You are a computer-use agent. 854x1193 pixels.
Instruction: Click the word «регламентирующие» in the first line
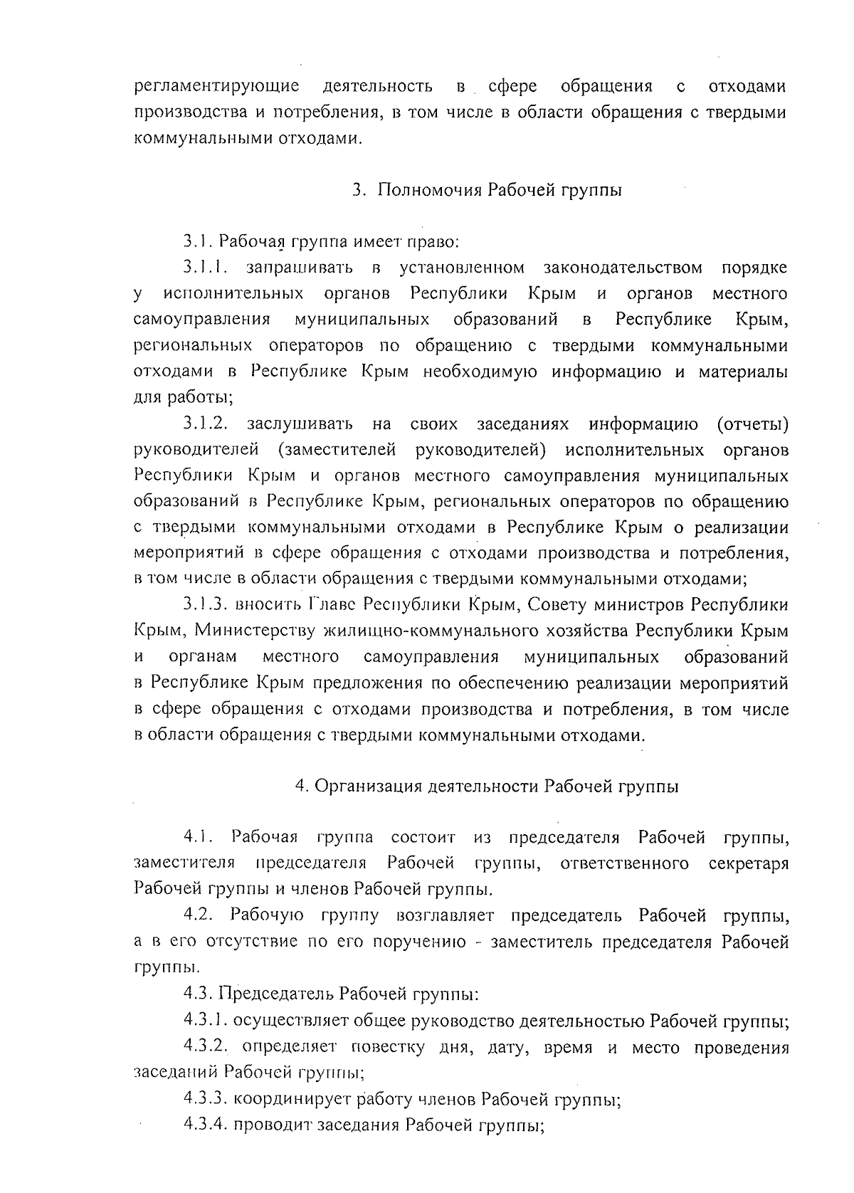pos(216,88)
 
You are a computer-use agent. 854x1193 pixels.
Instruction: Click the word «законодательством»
pos(623,268)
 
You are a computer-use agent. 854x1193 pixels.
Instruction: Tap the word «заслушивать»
pos(300,425)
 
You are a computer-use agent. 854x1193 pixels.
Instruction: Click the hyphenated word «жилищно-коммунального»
pos(475,631)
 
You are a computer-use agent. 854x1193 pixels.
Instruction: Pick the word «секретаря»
pos(749,863)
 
